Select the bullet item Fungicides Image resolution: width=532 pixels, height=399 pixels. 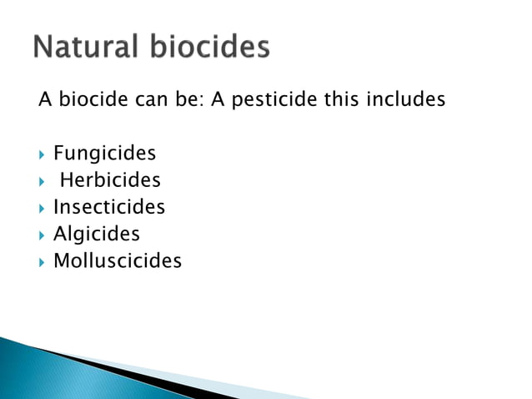pos(104,154)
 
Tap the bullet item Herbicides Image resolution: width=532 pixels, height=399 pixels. pos(110,180)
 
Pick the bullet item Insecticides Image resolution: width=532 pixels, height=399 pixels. pos(109,207)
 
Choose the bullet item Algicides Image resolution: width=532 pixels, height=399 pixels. pos(97,234)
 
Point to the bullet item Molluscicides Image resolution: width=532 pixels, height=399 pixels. pos(118,260)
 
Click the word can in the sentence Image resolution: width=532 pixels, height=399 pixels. pos(147,101)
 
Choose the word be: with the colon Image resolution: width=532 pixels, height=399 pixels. pos(186,100)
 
